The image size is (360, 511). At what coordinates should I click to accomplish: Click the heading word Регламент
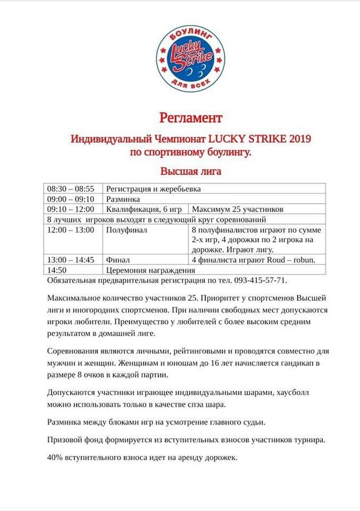[190, 118]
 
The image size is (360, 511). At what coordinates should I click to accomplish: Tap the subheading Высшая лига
[190, 171]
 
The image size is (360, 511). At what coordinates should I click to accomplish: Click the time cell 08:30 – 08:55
[70, 188]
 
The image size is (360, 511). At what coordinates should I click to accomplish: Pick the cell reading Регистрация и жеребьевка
[153, 188]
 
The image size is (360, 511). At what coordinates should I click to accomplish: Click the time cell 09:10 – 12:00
[70, 209]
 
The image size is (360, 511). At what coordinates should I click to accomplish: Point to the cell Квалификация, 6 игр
[139, 209]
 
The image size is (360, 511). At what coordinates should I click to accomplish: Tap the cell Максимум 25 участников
[238, 209]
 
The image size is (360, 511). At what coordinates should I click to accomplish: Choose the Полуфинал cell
[126, 230]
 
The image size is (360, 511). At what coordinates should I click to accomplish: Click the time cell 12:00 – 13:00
[70, 230]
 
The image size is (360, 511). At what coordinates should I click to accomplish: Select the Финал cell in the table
[118, 260]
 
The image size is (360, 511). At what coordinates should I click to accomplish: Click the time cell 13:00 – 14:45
[70, 260]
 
